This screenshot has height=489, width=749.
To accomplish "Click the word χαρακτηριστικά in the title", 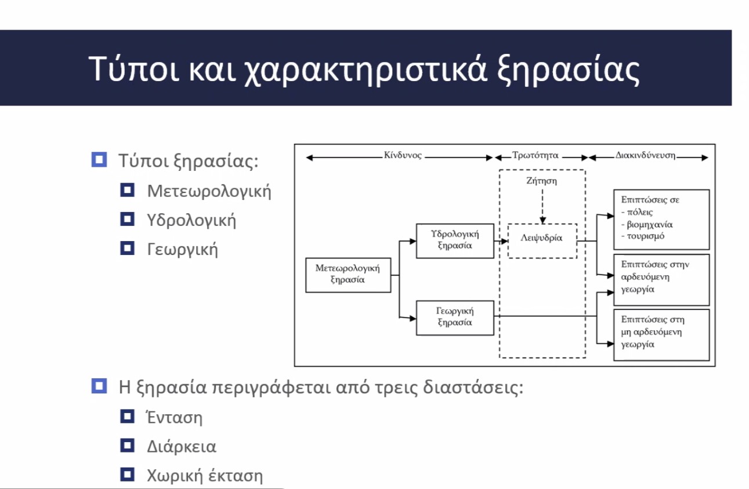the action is coord(365,70).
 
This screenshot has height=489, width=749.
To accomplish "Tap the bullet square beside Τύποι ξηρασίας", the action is coord(99,160).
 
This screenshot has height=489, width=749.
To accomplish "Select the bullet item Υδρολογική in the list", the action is coord(191,220).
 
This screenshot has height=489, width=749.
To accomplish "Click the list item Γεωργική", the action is coord(183,250).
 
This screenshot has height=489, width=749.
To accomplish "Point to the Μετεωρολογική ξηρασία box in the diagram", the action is coord(348,275).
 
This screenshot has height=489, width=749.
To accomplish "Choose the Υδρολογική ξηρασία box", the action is coord(455,241).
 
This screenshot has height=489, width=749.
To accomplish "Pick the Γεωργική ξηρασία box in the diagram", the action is coord(455,318).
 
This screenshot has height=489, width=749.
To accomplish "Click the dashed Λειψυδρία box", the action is coord(542,241).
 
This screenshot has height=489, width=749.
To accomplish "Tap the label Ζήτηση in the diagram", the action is coord(542,181).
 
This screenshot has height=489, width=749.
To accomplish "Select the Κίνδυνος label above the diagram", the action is coord(403,155).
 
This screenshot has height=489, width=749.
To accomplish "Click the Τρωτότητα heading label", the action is coord(535,155).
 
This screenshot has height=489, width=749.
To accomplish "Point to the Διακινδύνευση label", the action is coord(645,156).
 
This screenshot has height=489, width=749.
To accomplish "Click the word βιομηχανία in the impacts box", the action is coord(650,224).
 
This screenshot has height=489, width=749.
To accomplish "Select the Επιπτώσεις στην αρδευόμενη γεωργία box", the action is coord(661,280).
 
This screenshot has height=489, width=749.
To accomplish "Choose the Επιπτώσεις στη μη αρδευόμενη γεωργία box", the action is coord(661,335).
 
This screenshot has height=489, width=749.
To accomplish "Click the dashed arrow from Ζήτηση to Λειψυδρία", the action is coord(542,207).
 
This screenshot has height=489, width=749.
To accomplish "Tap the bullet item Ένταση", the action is coord(174,418).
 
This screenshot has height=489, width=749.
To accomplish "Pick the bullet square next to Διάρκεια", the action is coord(127,446).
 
